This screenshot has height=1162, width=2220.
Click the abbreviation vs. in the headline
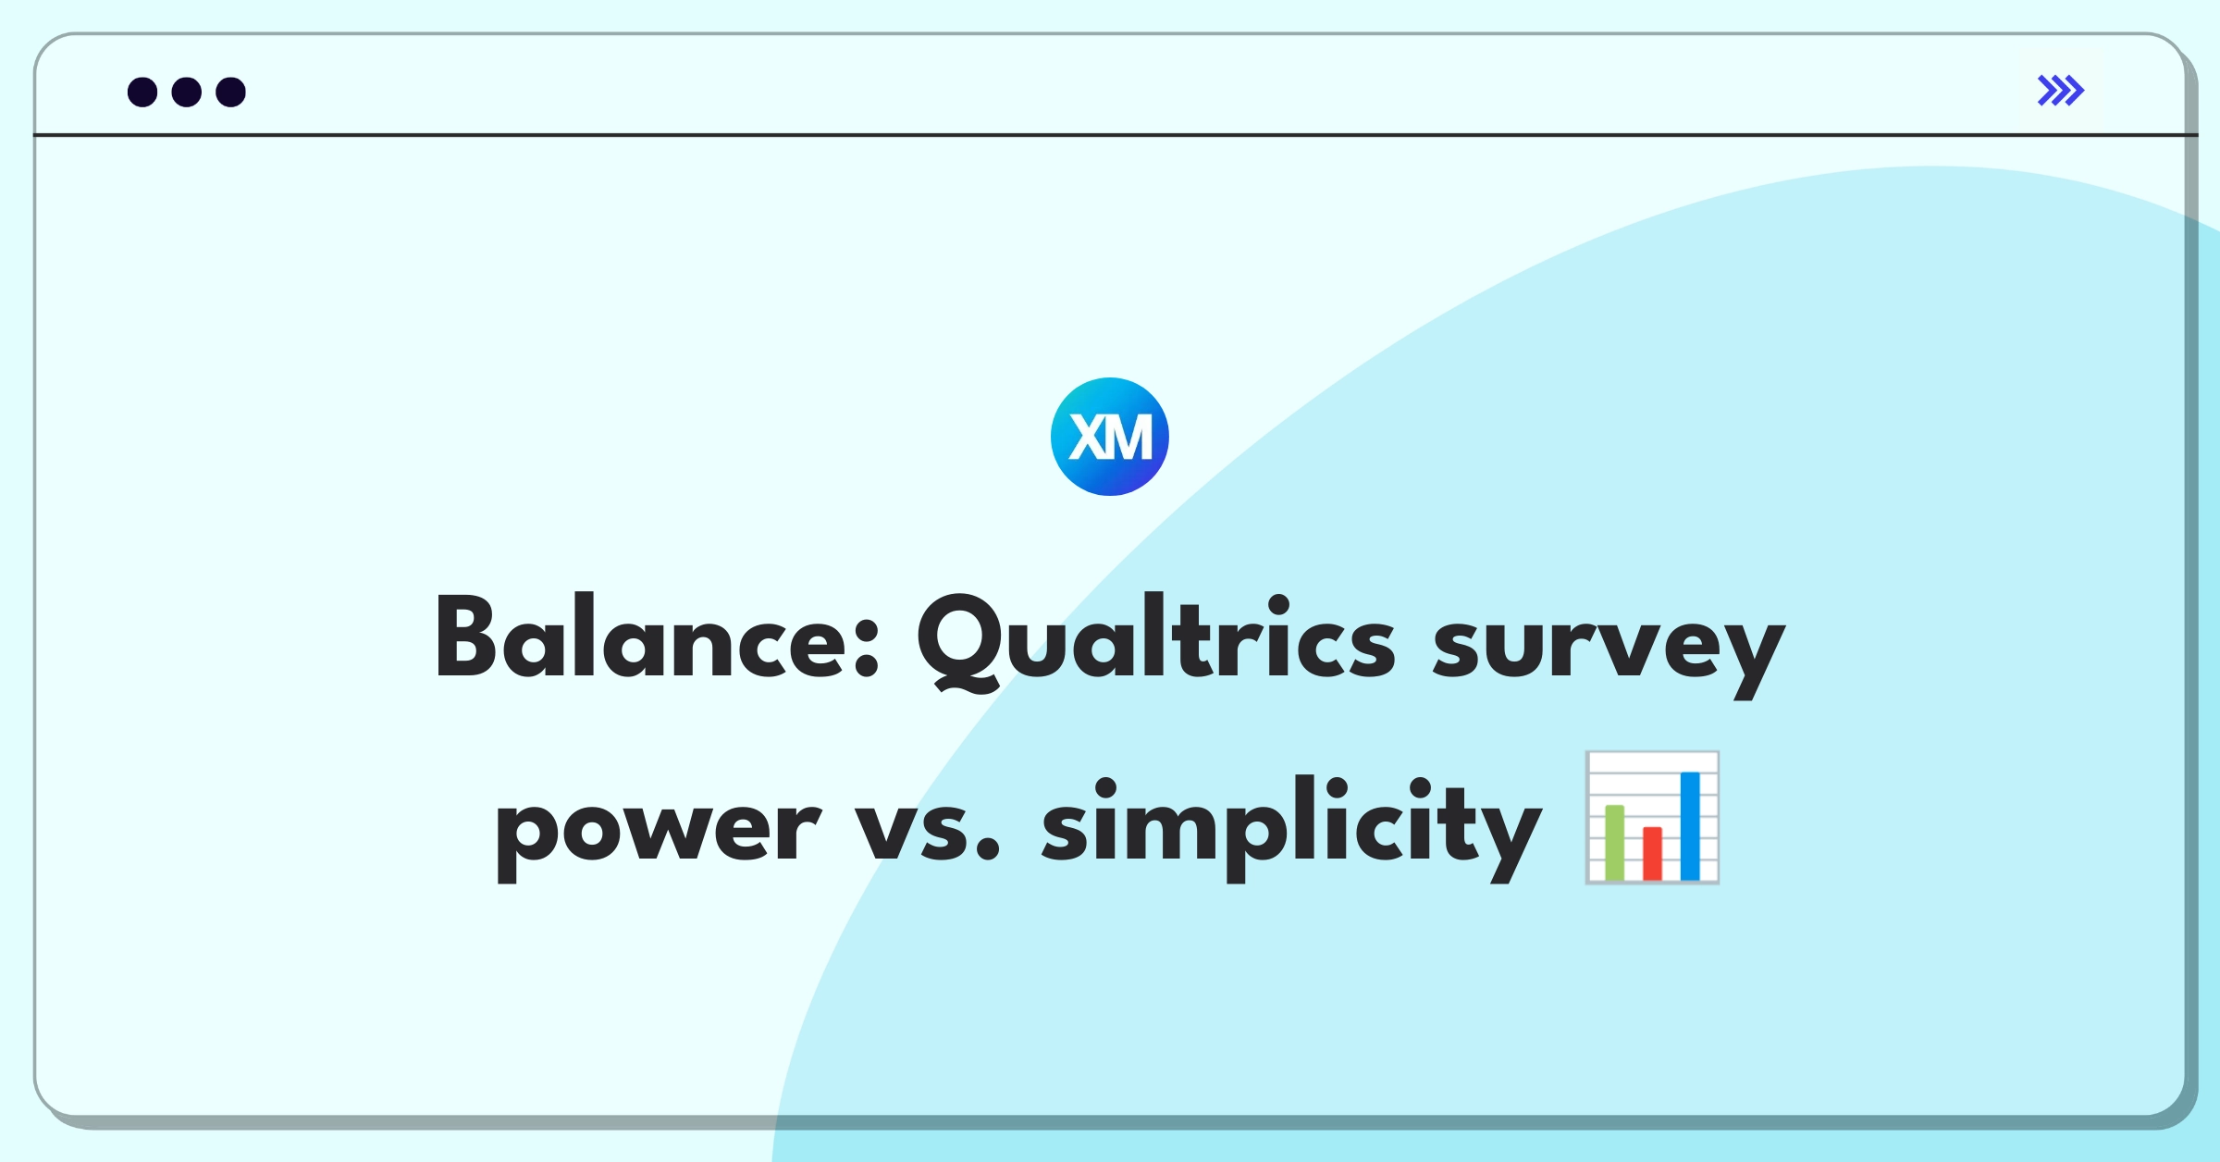click(927, 828)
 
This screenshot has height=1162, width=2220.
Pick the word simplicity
click(1291, 828)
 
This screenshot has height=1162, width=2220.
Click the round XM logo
click(1110, 437)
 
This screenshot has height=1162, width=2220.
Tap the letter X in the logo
click(1088, 437)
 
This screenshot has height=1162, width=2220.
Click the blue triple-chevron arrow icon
click(2061, 91)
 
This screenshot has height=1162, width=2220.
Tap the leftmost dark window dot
click(142, 92)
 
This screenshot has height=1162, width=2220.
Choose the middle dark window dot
click(187, 92)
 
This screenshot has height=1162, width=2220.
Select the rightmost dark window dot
click(231, 92)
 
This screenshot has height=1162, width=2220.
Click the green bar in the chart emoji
click(1615, 842)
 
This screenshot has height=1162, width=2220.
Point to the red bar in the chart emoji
click(1652, 853)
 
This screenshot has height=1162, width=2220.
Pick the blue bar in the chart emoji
click(1690, 825)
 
